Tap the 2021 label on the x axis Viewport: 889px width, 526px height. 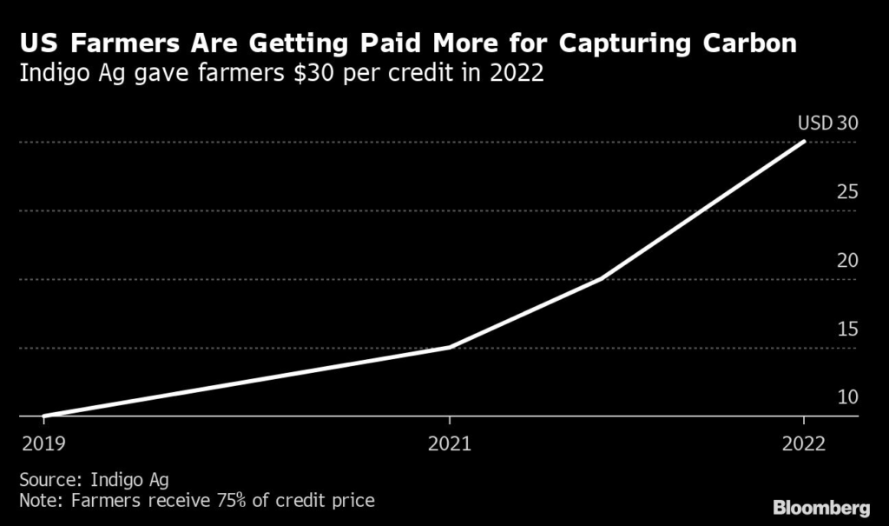[449, 443]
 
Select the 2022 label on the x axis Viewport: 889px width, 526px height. [804, 443]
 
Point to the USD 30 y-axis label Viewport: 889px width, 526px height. [827, 123]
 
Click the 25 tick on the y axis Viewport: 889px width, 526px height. [846, 191]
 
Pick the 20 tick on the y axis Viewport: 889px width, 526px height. [846, 260]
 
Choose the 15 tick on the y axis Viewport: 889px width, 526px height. [846, 329]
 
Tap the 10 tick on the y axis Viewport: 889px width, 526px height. [846, 397]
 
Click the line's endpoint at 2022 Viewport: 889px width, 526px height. [805, 142]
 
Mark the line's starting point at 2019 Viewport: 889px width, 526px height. [43, 416]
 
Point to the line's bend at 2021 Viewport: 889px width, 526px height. [449, 347]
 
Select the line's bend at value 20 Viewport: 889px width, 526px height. [602, 279]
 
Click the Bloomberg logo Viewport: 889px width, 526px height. [821, 506]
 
